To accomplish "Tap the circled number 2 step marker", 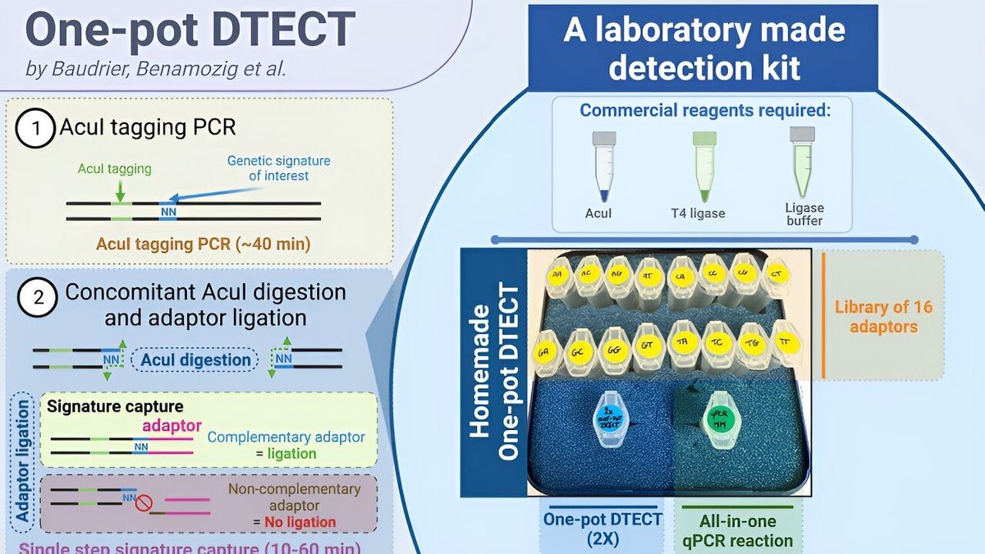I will (37, 297).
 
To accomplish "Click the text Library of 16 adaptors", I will (883, 317).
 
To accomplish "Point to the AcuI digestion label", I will (195, 359).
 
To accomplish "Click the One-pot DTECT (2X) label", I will (602, 530).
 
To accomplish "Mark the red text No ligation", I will (300, 521).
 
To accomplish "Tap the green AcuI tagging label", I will (114, 169).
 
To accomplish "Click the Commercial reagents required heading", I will (705, 111).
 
